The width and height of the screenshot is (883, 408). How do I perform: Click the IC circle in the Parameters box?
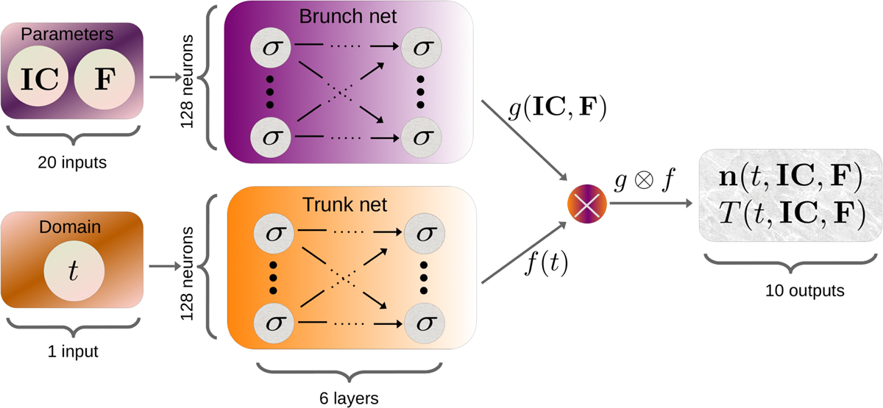click(39, 79)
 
